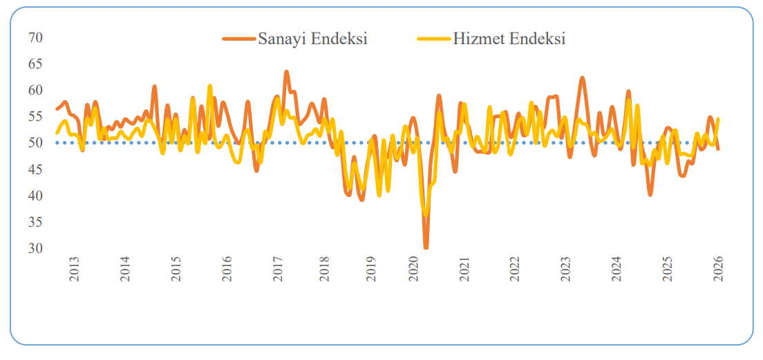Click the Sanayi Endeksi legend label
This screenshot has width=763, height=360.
point(312,39)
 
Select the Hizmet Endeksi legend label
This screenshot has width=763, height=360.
point(509,39)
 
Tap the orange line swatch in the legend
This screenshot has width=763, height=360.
point(239,39)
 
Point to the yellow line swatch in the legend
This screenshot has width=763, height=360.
point(435,39)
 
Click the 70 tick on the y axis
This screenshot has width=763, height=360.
point(35,37)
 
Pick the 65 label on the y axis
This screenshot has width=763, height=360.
point(35,64)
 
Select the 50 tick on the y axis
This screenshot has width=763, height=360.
point(35,143)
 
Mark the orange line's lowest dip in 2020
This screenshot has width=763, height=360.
point(426,246)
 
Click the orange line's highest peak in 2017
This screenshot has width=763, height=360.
point(287,72)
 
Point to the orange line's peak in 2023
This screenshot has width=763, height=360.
point(582,78)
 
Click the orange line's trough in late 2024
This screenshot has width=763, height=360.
point(650,194)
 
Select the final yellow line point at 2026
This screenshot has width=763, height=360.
point(718,119)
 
